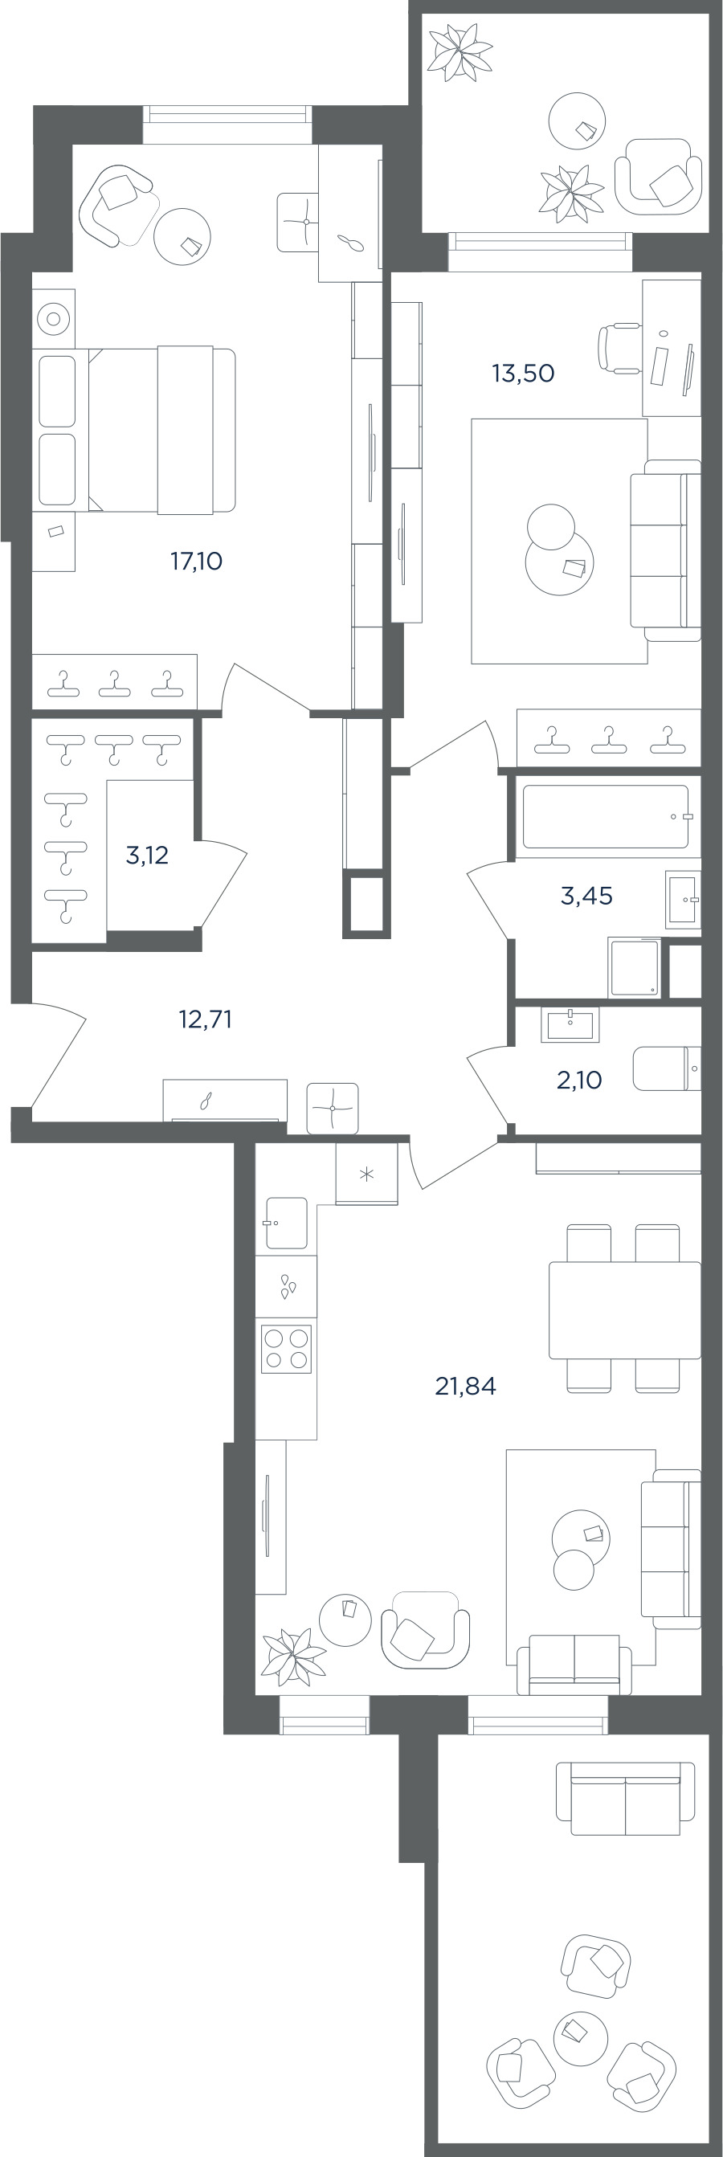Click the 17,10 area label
(197, 561)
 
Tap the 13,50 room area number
(523, 373)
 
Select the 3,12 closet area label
(147, 855)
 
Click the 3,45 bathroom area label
(586, 896)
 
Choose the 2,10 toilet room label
(579, 1081)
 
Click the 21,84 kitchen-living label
(465, 1387)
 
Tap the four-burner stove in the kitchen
(287, 1349)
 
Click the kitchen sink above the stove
(287, 1224)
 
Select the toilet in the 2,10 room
(667, 1068)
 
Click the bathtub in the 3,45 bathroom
(606, 816)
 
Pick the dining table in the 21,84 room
(625, 1309)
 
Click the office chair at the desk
(620, 348)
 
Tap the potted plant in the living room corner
(292, 1657)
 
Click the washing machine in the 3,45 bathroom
(635, 968)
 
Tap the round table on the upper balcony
(576, 121)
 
